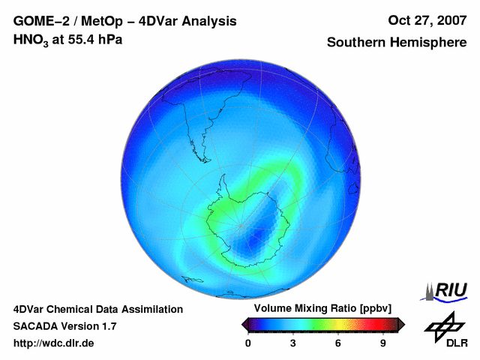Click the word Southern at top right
[355, 43]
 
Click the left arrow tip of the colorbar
[244, 324]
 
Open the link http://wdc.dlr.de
[54, 343]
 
